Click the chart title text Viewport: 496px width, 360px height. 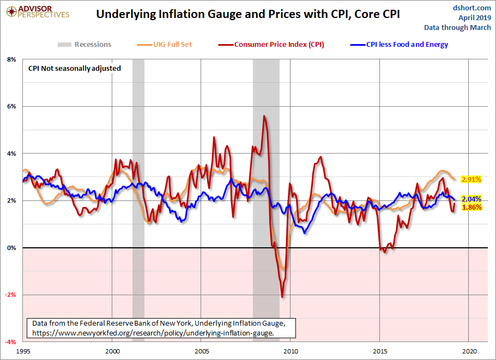pos(248,14)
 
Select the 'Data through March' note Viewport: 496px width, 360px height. pos(458,27)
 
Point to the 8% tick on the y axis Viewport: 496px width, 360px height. pos(11,59)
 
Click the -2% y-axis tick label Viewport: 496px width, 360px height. pos(11,295)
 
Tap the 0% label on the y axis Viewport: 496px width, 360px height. pos(11,248)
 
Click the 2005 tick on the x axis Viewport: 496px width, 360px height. pos(201,351)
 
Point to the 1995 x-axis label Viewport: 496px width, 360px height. pos(23,351)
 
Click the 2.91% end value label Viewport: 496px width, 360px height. pos(471,179)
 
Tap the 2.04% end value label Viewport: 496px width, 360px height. pos(471,199)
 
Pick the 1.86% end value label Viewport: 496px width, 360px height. pos(471,208)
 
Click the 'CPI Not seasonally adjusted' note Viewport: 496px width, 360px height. pos(75,69)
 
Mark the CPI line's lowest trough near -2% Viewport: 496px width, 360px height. pos(282,296)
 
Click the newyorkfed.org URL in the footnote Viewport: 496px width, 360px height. pos(153,332)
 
